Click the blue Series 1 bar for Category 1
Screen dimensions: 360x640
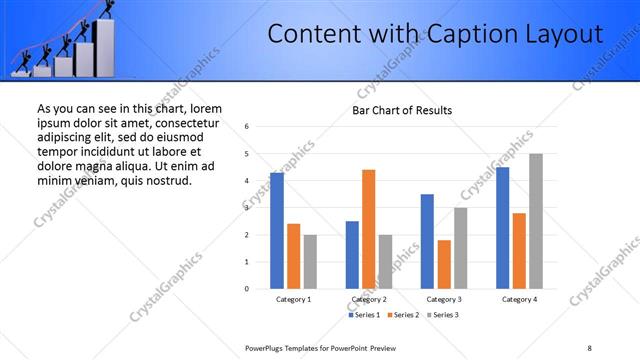coord(277,231)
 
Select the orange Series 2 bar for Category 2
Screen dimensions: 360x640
coord(368,229)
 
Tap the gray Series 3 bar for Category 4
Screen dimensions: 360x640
coord(536,221)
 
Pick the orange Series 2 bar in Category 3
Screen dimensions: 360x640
coord(444,264)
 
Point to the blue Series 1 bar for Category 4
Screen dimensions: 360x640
coord(502,228)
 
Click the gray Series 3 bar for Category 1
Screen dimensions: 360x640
coord(310,262)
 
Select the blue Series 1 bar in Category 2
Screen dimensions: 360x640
coord(352,255)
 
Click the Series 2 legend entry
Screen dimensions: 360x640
coord(404,315)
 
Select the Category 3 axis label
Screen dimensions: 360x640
coord(444,300)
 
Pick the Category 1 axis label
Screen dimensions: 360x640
coord(293,300)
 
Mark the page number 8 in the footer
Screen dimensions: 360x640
coord(589,347)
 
